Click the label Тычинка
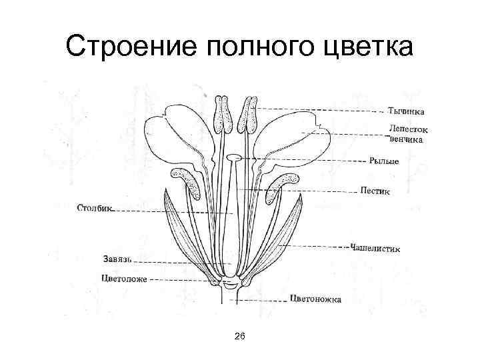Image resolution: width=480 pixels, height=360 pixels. point(406,111)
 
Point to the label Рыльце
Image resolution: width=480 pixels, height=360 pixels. point(385,161)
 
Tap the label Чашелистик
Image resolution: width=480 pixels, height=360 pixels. point(375,248)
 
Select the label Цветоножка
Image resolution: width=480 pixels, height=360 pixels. point(316,299)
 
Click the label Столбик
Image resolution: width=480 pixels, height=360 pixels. point(95,208)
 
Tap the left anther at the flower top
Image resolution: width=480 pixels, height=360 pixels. point(223,115)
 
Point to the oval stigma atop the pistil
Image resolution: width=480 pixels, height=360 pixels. point(234,158)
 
